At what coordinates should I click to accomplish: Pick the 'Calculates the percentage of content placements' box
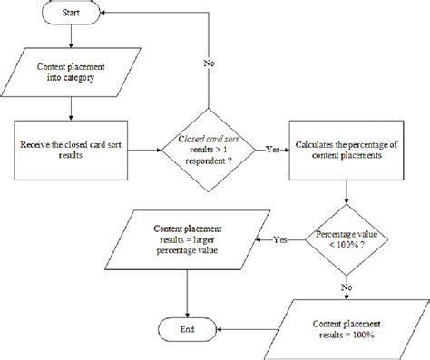coord(349,151)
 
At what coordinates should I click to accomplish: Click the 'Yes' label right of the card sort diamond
coord(272,150)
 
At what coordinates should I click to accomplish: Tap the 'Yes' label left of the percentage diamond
coord(282,239)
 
